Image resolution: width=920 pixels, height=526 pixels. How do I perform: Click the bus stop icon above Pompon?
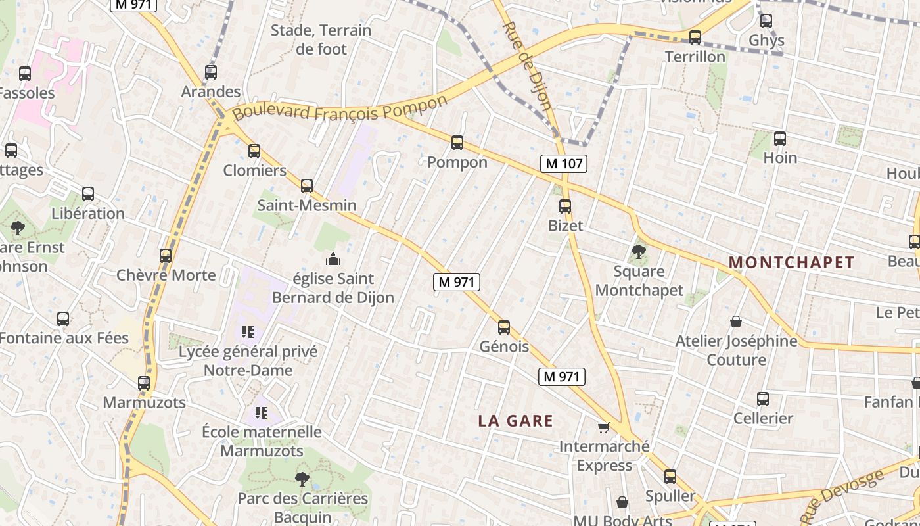[457, 143]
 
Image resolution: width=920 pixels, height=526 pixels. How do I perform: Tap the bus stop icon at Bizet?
[565, 206]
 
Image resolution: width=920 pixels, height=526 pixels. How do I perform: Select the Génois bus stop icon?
[504, 327]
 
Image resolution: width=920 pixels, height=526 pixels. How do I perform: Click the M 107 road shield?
[564, 164]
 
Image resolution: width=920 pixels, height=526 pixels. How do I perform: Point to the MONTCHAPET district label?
[791, 262]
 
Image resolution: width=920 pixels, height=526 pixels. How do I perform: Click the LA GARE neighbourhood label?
[515, 421]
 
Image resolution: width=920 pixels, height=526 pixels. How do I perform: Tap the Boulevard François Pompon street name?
[339, 109]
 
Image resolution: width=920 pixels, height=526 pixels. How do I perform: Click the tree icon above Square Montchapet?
[638, 251]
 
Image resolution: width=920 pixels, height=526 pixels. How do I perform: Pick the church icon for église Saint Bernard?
[333, 259]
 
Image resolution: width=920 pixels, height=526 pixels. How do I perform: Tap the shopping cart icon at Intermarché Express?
[604, 428]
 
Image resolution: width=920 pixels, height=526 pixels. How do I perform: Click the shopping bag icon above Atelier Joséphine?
[736, 322]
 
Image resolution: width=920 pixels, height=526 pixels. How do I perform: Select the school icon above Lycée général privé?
[248, 332]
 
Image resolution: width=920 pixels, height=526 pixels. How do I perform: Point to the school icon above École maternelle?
[262, 413]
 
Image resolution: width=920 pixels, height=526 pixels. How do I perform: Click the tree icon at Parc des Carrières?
[302, 479]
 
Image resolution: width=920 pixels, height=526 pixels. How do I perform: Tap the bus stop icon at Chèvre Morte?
[166, 255]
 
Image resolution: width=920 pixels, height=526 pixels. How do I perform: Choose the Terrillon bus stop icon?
[695, 37]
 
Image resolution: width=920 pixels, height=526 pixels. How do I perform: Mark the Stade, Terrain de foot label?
[321, 39]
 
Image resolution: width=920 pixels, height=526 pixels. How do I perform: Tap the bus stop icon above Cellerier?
[763, 399]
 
